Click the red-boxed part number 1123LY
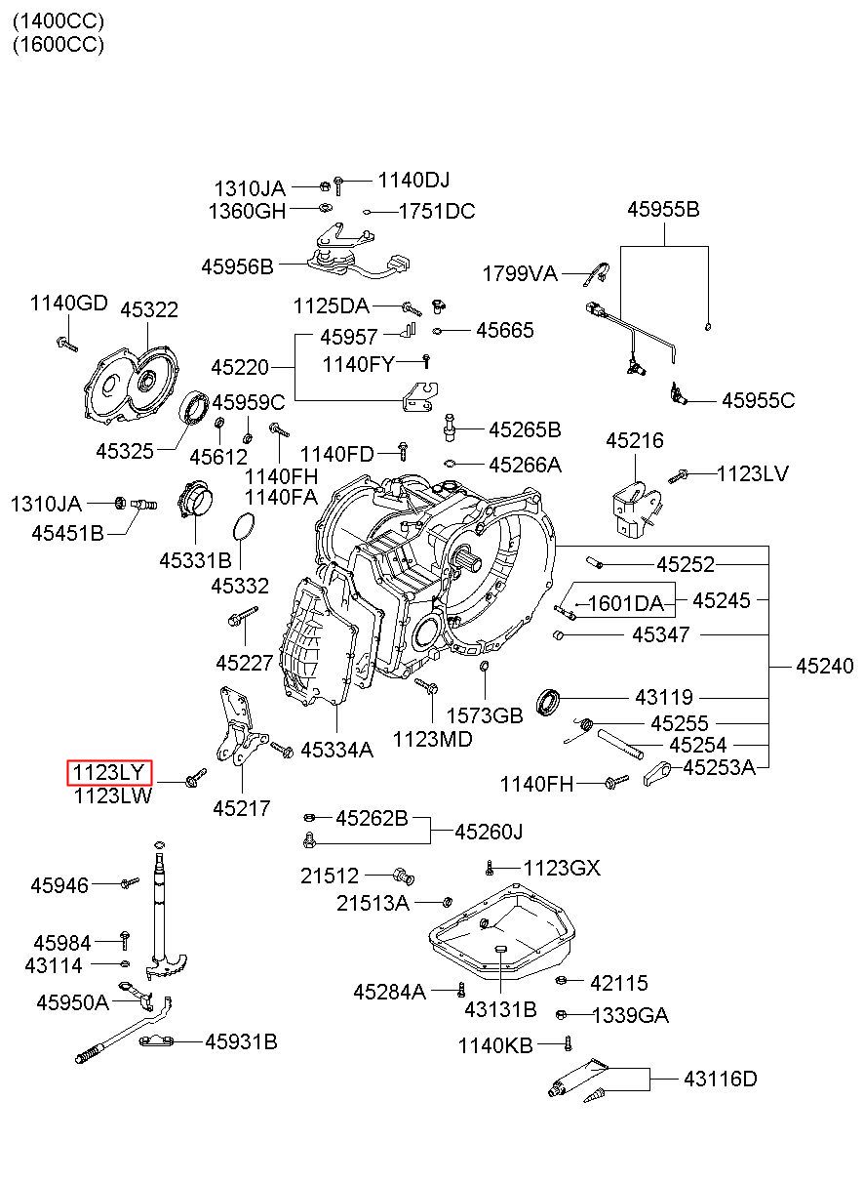108,772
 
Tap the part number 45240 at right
824,666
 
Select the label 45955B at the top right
663,210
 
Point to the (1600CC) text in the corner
59,44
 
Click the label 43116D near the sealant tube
720,1079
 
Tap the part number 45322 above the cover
149,309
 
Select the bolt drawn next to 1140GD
67,344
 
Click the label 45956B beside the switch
237,266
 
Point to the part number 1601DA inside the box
625,603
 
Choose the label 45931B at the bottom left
241,1041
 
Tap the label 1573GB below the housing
485,715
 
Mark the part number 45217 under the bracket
242,808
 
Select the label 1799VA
520,274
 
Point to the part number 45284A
389,992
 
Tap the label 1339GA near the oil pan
630,1015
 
